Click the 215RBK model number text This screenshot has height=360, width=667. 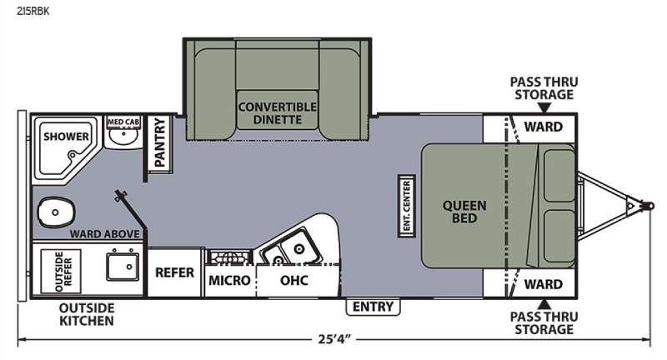pos(33,11)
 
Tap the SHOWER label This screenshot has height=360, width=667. pos(67,137)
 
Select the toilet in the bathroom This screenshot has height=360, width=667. pos(56,212)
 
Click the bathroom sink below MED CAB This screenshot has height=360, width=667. pos(123,137)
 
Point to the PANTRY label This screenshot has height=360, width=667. pos(159,143)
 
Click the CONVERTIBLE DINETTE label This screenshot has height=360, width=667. pos(278,113)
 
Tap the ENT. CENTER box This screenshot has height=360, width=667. pos(407,206)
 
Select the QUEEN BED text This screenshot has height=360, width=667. pos(464,212)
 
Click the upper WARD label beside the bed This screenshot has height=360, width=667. pos(544,127)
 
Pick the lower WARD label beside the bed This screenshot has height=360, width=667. pos(544,284)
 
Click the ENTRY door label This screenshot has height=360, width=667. pos(373,307)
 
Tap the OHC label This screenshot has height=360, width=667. pos(294,280)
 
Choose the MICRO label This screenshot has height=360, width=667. pos(229,281)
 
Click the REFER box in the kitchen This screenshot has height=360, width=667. pos(174,272)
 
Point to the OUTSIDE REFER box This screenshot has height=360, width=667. pos(61,271)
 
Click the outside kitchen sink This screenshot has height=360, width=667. pos(123,267)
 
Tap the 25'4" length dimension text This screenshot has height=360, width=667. pos(335,339)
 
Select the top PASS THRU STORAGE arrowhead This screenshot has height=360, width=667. pos(544,108)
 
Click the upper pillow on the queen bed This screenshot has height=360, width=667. pos(559,175)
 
